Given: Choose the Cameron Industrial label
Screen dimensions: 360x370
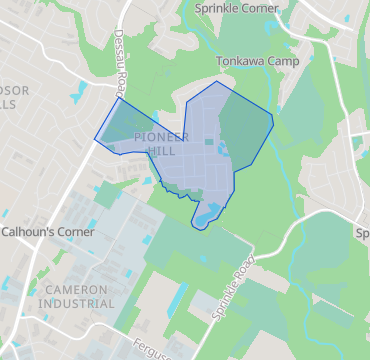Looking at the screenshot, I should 76,295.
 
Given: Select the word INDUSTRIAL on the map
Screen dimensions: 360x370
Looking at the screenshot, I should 76,302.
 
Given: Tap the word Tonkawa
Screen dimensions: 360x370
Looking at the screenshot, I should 239,62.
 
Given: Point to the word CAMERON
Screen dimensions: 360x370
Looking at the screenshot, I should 76,288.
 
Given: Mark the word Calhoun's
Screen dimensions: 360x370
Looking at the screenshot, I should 22,231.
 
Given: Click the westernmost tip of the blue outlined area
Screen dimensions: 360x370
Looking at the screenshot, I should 95,139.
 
